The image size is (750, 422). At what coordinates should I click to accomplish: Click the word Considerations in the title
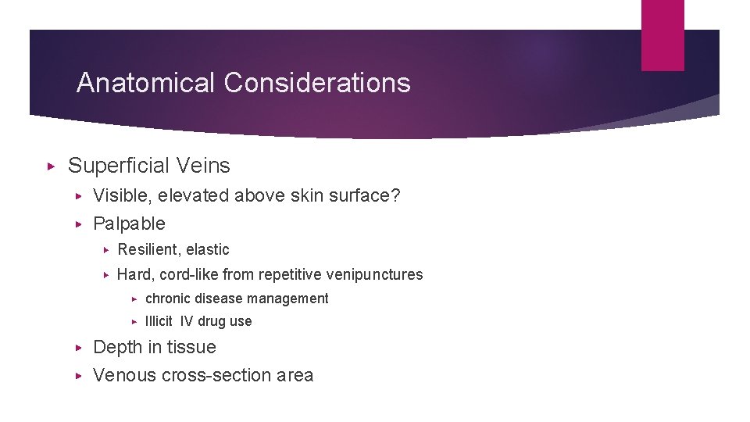pyautogui.click(x=316, y=83)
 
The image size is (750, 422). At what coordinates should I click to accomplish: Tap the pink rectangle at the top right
pyautogui.click(x=662, y=35)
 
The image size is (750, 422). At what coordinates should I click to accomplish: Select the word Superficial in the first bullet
pyautogui.click(x=119, y=166)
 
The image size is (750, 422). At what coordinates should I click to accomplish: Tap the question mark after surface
pyautogui.click(x=395, y=195)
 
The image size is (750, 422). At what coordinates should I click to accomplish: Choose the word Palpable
pyautogui.click(x=129, y=224)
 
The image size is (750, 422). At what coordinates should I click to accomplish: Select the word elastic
pyautogui.click(x=209, y=250)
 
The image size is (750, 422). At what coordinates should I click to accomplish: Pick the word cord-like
pyautogui.click(x=189, y=274)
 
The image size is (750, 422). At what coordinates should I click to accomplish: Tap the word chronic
pyautogui.click(x=169, y=299)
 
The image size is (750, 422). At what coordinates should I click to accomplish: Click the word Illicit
pyautogui.click(x=159, y=321)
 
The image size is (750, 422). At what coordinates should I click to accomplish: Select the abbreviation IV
pyautogui.click(x=187, y=321)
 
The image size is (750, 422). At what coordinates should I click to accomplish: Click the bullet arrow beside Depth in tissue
pyautogui.click(x=77, y=347)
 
